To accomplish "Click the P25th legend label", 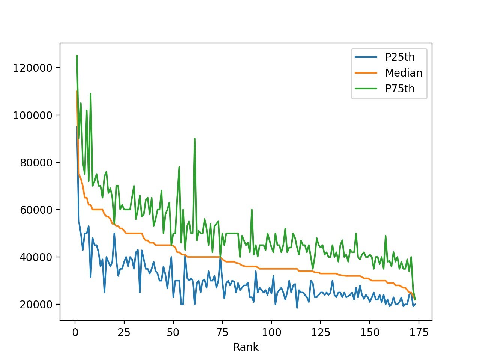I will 400,57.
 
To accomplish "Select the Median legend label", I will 403,73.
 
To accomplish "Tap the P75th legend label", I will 400,88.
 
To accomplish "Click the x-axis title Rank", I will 246,347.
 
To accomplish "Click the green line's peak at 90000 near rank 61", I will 195,138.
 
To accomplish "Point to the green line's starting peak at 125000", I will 77,56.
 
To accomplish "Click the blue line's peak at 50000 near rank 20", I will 114,233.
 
